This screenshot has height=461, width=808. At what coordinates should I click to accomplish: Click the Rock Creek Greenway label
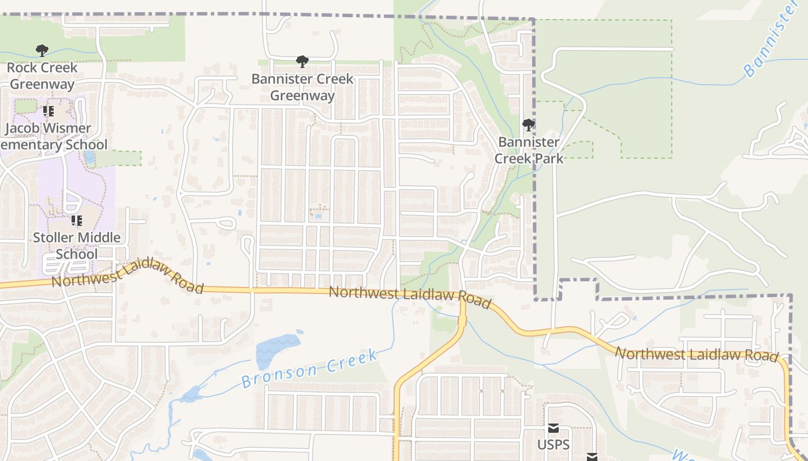42,76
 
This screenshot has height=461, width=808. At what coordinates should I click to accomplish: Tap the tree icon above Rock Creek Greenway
42,51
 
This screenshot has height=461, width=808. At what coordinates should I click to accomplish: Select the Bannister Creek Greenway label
302,87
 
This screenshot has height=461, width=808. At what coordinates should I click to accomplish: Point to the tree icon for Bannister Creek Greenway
302,62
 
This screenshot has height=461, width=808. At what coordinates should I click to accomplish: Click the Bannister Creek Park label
529,150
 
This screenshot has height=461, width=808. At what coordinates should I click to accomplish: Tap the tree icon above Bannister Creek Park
528,125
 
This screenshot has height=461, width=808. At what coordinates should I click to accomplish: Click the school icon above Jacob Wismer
48,111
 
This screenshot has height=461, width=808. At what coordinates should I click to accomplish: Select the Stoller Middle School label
77,245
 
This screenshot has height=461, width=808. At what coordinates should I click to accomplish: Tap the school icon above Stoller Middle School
76,221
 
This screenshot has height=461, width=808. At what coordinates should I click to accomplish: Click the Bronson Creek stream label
310,368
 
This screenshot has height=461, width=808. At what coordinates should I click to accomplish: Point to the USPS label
553,445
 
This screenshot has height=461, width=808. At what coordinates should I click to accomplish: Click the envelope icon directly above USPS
553,428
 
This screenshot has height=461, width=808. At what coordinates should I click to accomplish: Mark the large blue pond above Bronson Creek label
276,348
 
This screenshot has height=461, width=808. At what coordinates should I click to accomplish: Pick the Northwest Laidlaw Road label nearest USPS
697,354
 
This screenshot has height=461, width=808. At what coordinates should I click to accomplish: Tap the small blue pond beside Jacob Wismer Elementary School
89,157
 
